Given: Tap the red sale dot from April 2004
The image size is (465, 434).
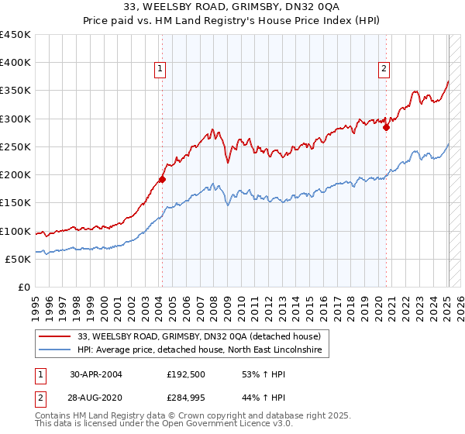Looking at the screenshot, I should pos(162,179).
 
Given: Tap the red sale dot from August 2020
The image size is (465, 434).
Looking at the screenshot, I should pos(386,127).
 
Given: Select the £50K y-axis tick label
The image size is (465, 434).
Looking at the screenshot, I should pos(19,259).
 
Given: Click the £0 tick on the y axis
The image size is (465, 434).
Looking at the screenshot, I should pos(25,287).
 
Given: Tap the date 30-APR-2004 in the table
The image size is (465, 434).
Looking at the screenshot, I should pos(95,374).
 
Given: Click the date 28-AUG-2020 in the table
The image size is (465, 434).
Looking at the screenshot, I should pos(96,398).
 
